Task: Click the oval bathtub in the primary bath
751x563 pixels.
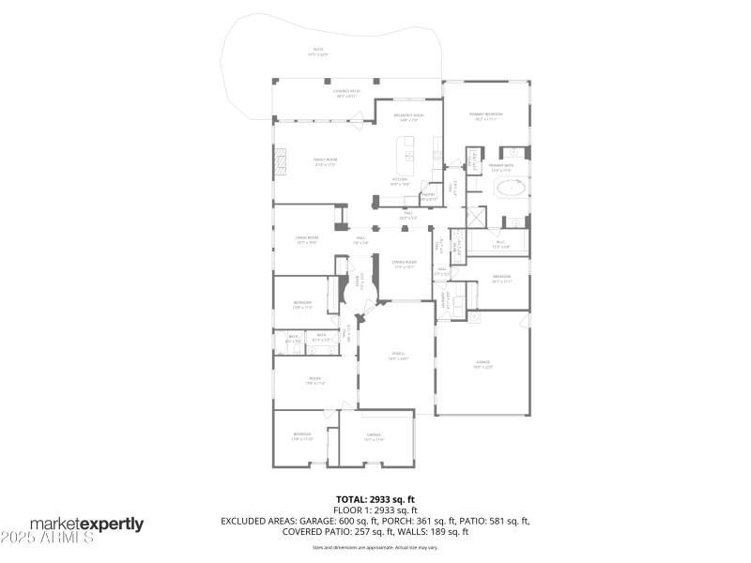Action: pyautogui.click(x=510, y=189)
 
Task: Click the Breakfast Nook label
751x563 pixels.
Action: pyautogui.click(x=411, y=117)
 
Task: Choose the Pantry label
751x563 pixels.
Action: pyautogui.click(x=429, y=197)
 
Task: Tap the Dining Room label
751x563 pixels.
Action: pyautogui.click(x=404, y=266)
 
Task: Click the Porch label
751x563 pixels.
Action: pyautogui.click(x=398, y=357)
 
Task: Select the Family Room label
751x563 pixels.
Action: pyautogui.click(x=325, y=161)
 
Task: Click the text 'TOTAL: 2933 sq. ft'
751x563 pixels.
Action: pyautogui.click(x=375, y=500)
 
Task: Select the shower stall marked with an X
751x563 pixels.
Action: pyautogui.click(x=477, y=215)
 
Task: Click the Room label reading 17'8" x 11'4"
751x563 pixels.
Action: pyautogui.click(x=314, y=381)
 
